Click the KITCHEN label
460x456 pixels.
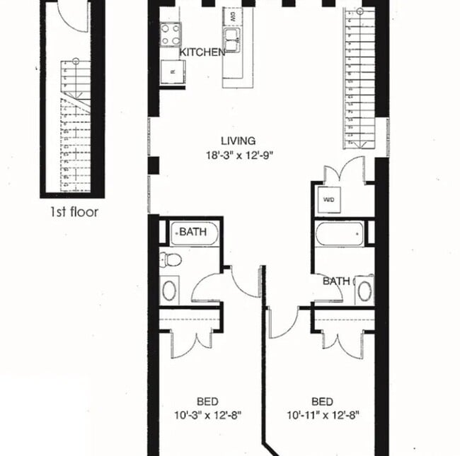coord(202,52)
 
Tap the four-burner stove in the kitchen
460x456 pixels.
coord(171,34)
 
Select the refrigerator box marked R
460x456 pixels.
coord(173,72)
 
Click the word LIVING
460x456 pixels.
coord(237,141)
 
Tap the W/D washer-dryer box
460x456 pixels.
coord(329,199)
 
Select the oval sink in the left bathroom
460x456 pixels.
coord(171,290)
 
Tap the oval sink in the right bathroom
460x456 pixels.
coord(364,289)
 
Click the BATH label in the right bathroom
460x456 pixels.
coord(336,281)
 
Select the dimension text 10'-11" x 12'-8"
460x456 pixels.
coord(323,415)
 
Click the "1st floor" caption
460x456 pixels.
coord(74,211)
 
